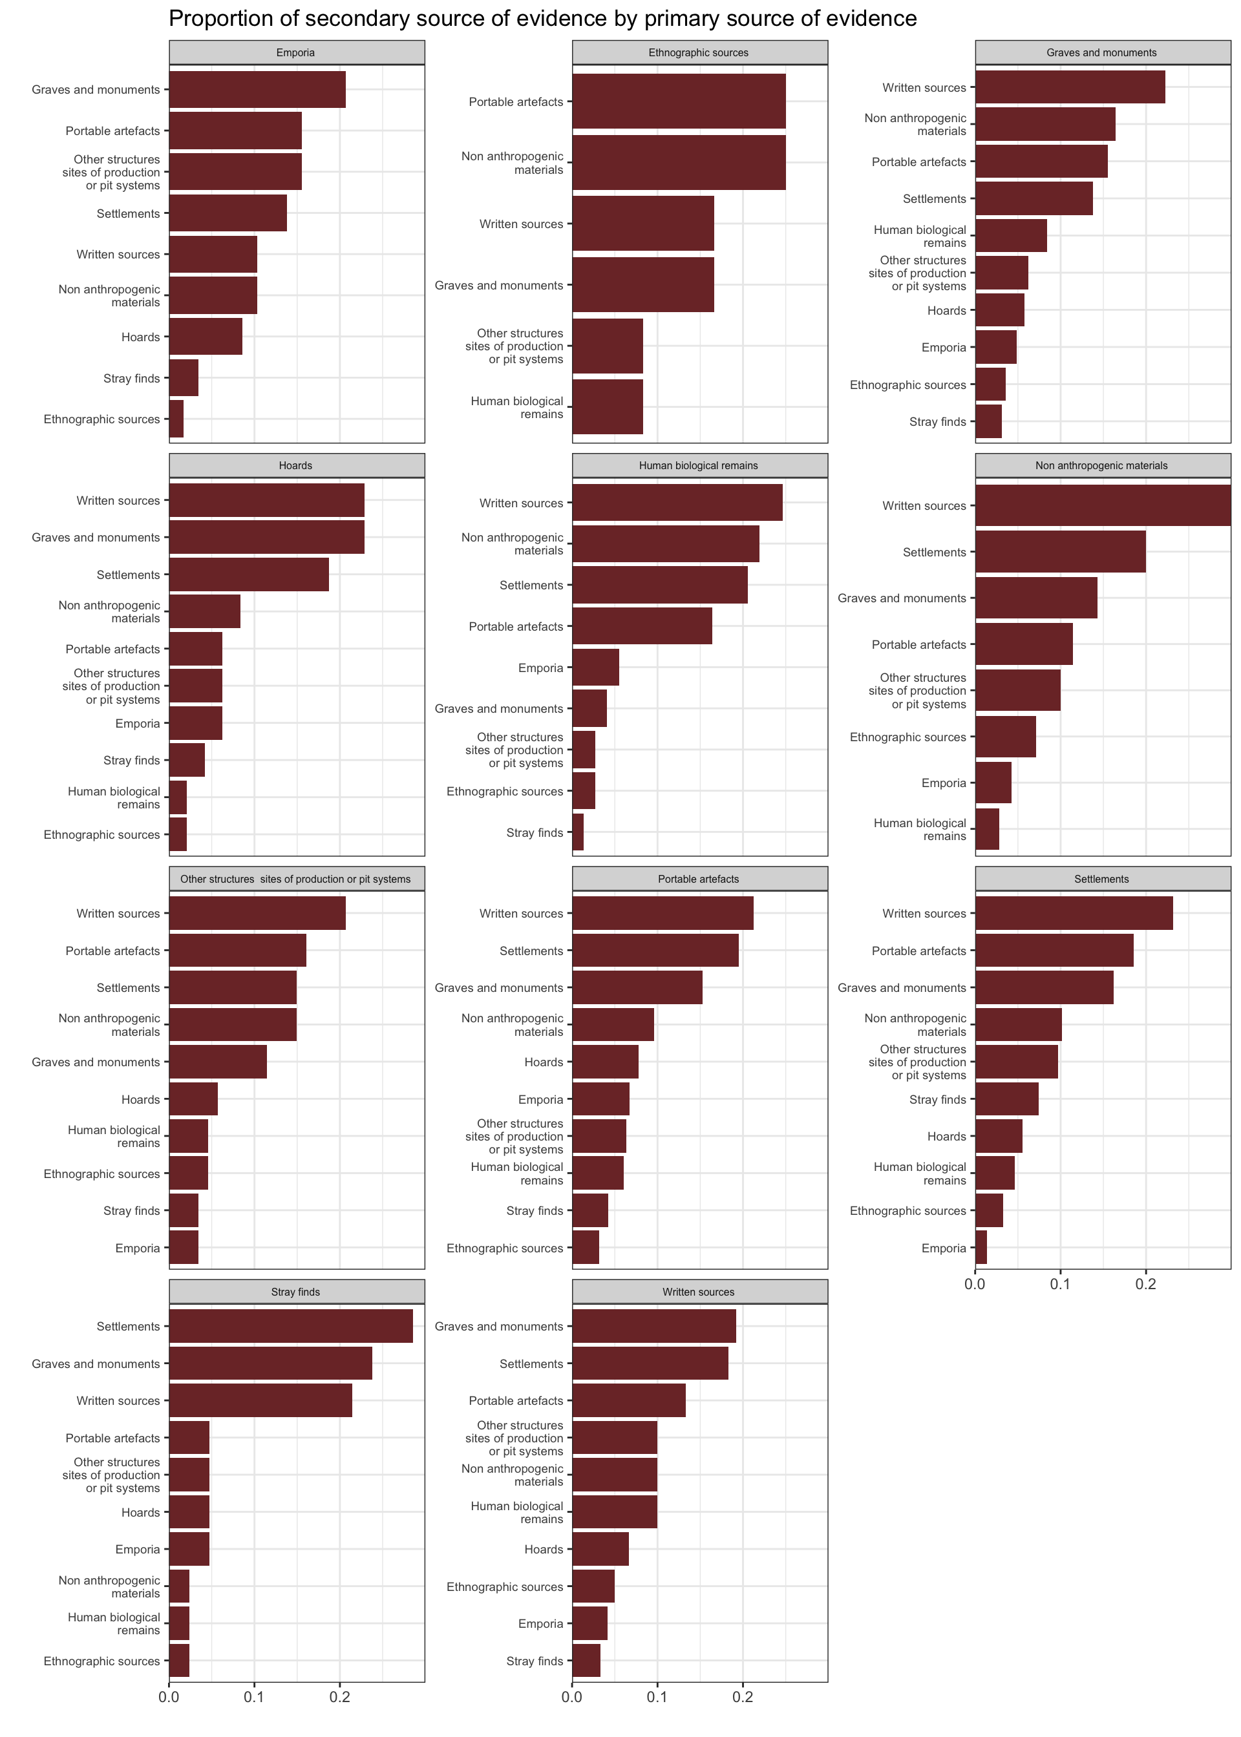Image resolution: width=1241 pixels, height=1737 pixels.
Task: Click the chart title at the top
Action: (542, 18)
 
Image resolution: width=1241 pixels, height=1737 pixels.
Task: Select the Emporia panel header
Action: (296, 53)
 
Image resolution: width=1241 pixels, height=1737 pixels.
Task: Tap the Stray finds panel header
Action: (296, 1292)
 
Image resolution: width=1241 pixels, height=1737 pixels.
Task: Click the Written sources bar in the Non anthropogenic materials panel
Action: (1102, 506)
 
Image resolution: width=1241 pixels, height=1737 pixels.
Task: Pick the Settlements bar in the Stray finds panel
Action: (290, 1326)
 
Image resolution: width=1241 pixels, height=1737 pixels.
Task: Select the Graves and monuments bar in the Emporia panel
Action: (257, 89)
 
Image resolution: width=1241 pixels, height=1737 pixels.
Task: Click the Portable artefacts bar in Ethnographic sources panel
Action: (679, 101)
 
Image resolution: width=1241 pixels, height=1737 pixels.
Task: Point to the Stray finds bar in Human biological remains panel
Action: (578, 832)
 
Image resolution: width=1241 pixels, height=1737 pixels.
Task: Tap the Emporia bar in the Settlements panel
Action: (981, 1248)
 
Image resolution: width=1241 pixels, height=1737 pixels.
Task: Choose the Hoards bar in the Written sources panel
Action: (600, 1549)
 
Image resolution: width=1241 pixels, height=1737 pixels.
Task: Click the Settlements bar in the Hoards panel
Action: (248, 574)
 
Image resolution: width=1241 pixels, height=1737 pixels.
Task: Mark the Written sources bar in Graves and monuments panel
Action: (1070, 87)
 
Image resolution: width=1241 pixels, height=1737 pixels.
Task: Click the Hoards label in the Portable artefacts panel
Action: (544, 1062)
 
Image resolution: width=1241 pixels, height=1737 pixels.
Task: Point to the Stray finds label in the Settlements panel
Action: (938, 1099)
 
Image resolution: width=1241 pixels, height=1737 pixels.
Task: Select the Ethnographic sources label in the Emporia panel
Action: (101, 419)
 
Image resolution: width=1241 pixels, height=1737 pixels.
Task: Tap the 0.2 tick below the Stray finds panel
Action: (340, 1698)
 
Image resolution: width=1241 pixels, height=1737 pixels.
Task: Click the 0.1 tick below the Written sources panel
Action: (657, 1698)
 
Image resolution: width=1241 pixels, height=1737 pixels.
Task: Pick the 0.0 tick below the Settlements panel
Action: (975, 1285)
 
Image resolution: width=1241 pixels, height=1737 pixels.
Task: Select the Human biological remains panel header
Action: (699, 465)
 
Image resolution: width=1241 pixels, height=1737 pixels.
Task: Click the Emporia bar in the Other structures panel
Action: (184, 1248)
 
